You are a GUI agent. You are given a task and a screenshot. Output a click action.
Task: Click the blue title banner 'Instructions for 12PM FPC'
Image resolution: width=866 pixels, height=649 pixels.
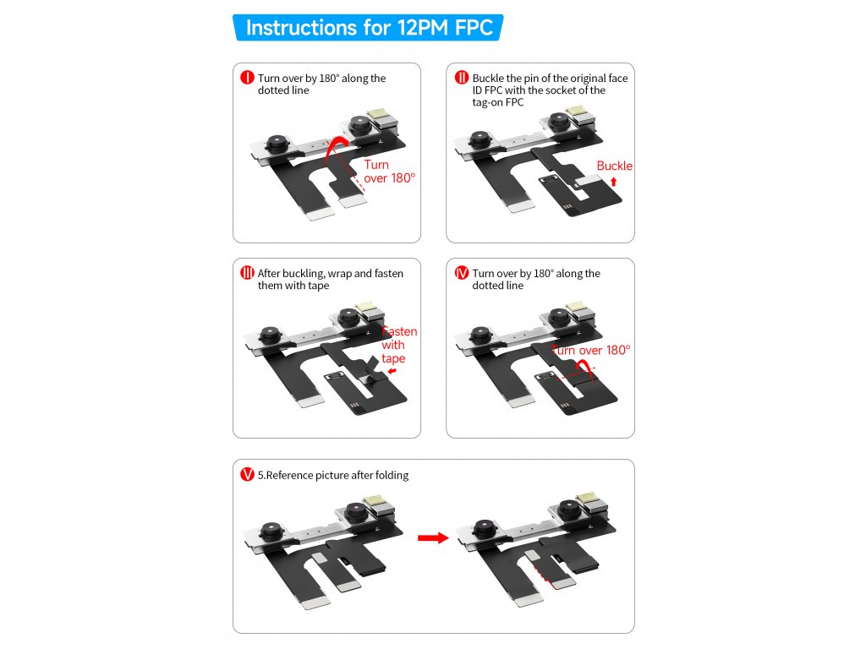[368, 28]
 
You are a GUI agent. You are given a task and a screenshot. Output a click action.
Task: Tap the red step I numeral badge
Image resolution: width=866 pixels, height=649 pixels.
[247, 78]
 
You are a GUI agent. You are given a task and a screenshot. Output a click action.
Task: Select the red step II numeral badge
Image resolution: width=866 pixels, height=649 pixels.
[461, 78]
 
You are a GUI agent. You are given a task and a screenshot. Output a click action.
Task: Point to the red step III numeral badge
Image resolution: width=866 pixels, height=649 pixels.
[247, 273]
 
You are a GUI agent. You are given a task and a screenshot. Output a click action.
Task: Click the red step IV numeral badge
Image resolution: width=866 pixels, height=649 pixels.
[461, 273]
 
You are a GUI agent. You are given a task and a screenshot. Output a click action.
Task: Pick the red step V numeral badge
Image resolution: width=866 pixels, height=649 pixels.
[247, 475]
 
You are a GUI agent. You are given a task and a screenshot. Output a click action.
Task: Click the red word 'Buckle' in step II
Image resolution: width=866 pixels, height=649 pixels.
[614, 166]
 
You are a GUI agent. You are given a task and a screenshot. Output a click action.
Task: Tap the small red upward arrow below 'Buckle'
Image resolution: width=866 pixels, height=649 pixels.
[614, 182]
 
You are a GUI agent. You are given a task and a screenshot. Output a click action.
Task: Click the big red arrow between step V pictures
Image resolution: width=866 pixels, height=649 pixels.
[433, 537]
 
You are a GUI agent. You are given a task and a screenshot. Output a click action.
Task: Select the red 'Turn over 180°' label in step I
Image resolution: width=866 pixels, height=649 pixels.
[389, 172]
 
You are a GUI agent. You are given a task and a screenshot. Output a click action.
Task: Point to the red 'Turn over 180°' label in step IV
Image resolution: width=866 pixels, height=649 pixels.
[591, 351]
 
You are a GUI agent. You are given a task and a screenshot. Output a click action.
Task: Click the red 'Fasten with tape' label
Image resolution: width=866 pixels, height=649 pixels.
[399, 345]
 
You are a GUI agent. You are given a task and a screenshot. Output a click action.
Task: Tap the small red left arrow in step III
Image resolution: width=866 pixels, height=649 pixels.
[392, 372]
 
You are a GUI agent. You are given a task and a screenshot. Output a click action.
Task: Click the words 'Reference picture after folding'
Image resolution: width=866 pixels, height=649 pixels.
[337, 475]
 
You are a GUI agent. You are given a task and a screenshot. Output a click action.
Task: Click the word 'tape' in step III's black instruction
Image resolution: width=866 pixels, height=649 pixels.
[318, 286]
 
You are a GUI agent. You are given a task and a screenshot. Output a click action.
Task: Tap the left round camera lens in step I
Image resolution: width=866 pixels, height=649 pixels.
[275, 144]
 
